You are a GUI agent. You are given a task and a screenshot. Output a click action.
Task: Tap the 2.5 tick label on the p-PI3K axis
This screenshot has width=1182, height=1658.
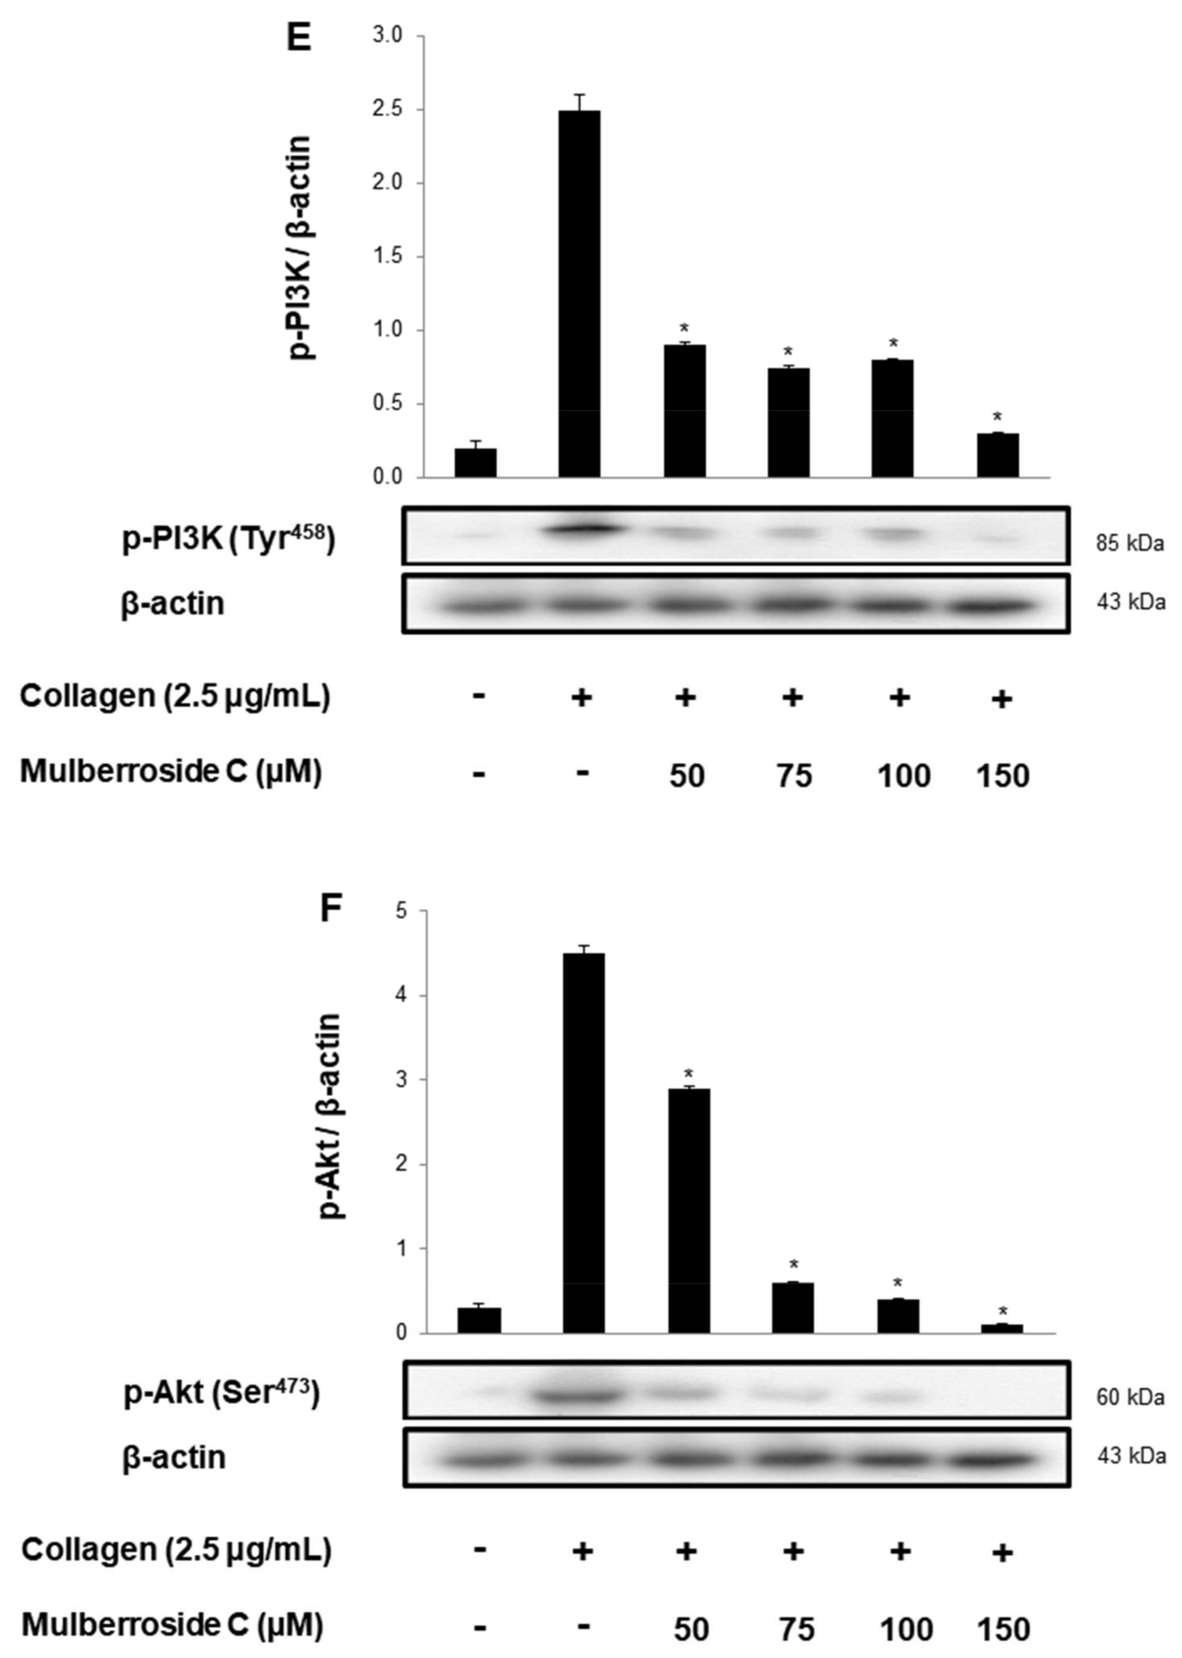click(388, 110)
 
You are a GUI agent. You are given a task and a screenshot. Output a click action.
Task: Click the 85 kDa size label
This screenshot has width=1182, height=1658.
click(1130, 543)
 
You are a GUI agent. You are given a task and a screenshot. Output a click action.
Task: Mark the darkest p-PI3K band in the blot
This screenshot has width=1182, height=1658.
click(582, 530)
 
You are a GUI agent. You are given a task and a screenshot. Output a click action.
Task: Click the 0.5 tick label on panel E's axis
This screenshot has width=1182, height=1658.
click(388, 404)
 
